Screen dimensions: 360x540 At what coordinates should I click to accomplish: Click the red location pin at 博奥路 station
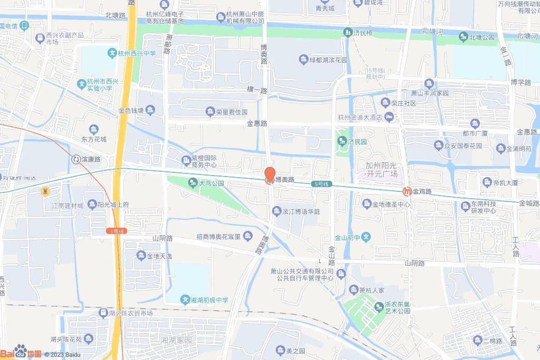269,174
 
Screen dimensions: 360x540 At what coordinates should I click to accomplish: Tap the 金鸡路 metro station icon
407,191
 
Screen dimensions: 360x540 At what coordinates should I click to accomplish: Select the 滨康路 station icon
76,159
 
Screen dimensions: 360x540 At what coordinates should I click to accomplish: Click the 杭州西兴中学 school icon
112,53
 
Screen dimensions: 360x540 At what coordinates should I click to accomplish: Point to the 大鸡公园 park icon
192,183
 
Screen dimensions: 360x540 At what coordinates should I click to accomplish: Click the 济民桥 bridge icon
348,33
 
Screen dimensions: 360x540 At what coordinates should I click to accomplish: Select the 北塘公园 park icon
463,37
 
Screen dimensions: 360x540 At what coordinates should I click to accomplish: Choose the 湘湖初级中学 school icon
185,300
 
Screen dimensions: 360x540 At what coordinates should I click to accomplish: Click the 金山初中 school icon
367,237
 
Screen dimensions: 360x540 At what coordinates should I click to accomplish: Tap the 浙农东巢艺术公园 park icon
379,306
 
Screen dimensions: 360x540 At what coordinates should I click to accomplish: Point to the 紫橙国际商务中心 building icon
186,160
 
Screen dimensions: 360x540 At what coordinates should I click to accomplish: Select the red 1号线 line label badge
117,231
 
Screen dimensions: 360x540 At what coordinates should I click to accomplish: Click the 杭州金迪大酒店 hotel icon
390,117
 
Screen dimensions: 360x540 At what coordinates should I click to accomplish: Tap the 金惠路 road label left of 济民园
257,124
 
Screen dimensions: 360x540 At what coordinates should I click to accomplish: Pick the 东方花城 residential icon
94,129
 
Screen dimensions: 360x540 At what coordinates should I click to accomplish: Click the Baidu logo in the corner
21,353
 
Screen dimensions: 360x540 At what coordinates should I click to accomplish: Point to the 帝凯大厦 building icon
487,182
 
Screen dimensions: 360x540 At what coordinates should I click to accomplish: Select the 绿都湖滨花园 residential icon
303,60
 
